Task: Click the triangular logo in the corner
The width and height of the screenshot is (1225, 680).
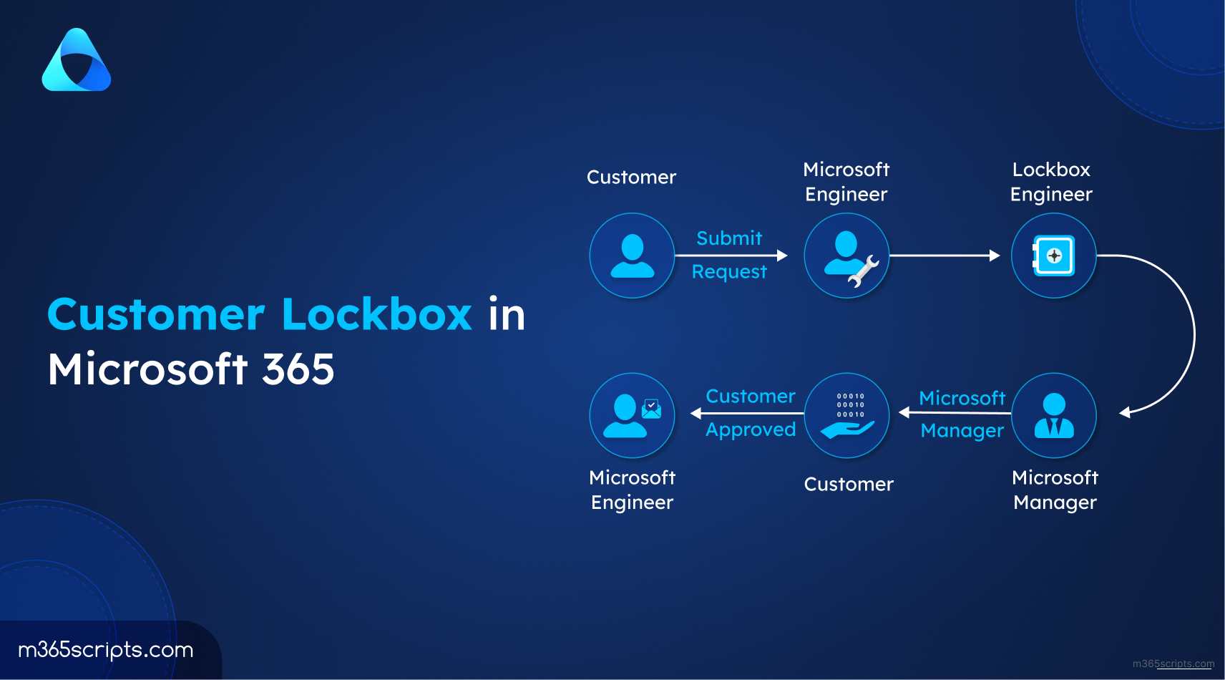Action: click(76, 60)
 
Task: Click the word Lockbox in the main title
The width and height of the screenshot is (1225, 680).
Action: click(377, 314)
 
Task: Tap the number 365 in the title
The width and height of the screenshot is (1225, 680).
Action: click(298, 369)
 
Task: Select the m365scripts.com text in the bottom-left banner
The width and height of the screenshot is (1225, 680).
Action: click(106, 650)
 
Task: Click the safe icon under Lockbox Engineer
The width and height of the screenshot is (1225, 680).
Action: click(1053, 256)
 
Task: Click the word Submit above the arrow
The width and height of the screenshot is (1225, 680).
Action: click(729, 238)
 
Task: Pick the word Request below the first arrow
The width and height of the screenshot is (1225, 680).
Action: click(729, 272)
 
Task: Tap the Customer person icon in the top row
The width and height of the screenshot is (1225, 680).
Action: click(633, 256)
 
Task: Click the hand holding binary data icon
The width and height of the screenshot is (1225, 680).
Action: click(847, 415)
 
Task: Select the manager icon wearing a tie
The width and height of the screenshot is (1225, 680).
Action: click(1054, 415)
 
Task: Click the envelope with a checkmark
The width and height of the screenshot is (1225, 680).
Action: click(651, 409)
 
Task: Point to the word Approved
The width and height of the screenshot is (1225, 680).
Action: click(751, 430)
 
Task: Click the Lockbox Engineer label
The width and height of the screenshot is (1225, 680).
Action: click(1051, 182)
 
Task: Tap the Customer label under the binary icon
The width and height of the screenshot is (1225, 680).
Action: click(848, 484)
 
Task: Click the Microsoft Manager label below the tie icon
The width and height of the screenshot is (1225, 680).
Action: click(1055, 490)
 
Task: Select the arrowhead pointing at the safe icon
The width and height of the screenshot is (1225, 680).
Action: click(995, 256)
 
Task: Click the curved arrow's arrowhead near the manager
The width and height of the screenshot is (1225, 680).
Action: click(1125, 412)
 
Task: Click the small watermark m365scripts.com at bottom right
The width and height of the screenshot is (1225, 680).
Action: click(1173, 664)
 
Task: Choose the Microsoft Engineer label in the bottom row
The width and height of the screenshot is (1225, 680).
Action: click(633, 490)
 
